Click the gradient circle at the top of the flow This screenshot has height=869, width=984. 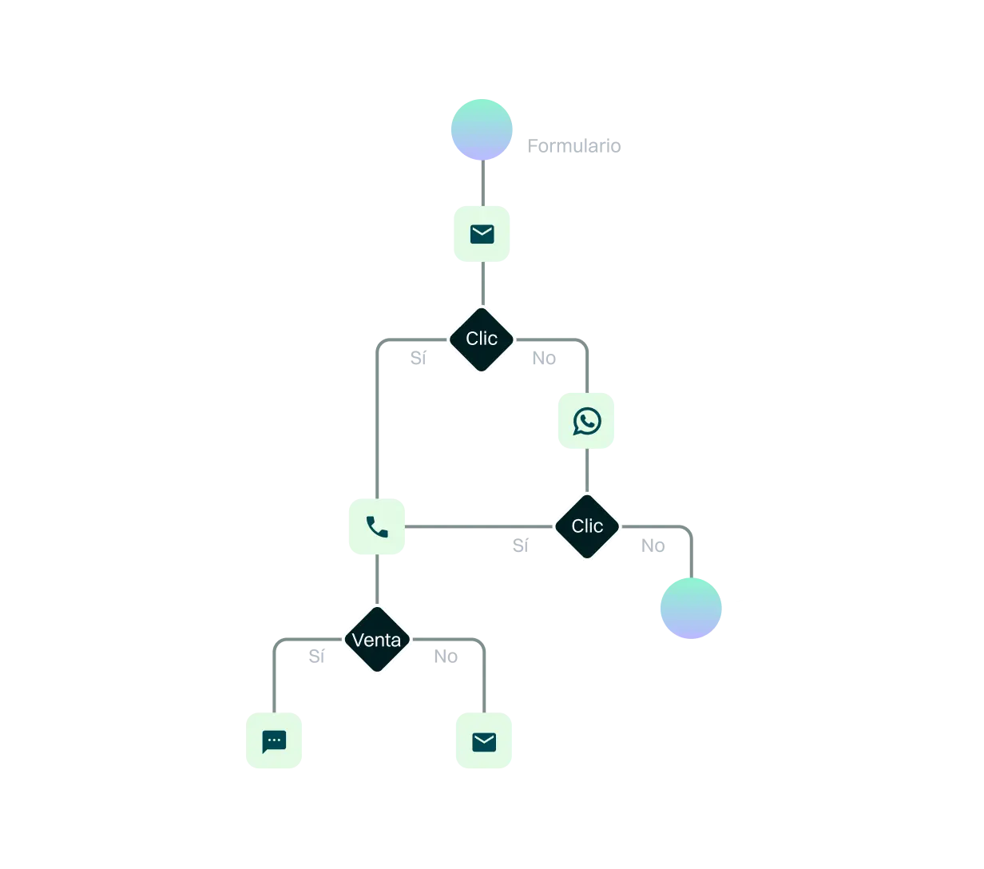point(481,129)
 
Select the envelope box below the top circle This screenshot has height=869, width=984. point(482,233)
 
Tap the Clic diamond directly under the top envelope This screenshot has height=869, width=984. point(482,339)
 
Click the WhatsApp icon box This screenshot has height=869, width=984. point(587,422)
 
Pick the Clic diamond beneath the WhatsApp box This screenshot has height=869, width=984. point(587,526)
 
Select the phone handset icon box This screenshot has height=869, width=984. point(377,526)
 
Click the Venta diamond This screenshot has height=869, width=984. point(376,640)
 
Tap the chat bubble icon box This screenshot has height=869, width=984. point(274,741)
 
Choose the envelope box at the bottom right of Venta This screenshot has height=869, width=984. point(484,741)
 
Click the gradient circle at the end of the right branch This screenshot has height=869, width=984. point(690,607)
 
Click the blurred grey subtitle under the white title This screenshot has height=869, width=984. point(574,145)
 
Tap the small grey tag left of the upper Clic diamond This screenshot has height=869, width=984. point(418,359)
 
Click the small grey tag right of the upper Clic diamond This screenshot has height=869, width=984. point(542,359)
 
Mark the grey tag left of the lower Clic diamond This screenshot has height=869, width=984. point(520,546)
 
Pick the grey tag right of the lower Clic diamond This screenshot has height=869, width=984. point(651,546)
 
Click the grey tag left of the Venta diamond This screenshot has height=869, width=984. point(315,656)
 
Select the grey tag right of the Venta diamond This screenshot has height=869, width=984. point(446,656)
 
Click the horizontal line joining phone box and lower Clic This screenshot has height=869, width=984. point(479,527)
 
